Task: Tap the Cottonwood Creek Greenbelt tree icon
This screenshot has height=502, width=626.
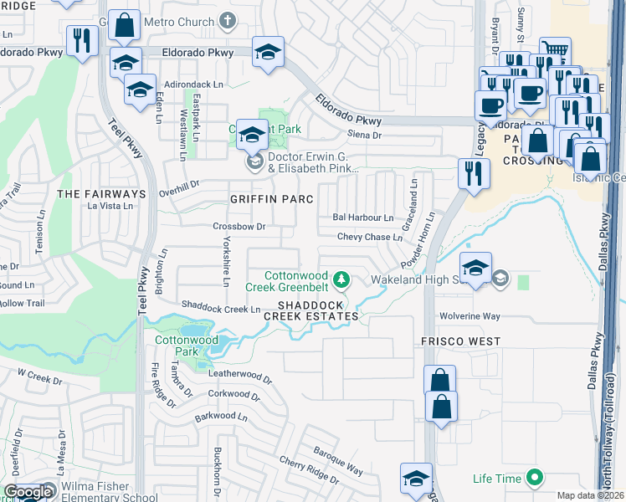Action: point(341,278)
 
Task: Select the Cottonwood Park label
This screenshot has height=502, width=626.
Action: point(186,346)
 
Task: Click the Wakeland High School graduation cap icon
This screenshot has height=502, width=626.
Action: point(475,268)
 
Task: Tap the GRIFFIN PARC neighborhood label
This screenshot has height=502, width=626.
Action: point(272,199)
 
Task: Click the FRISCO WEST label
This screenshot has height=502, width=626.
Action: point(460,341)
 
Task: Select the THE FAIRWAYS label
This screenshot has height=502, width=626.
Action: point(101,194)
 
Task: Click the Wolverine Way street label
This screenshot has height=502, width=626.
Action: point(469,317)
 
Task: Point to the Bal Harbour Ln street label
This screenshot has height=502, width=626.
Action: point(362,218)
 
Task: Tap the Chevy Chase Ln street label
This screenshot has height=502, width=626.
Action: point(370,238)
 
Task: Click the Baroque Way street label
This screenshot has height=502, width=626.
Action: point(338,461)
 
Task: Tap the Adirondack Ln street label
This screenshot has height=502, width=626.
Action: point(196,85)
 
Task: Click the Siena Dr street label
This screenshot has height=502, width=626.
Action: point(364,135)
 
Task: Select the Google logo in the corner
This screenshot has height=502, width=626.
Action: point(27,493)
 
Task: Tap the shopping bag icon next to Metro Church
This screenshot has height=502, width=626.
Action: point(124,25)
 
